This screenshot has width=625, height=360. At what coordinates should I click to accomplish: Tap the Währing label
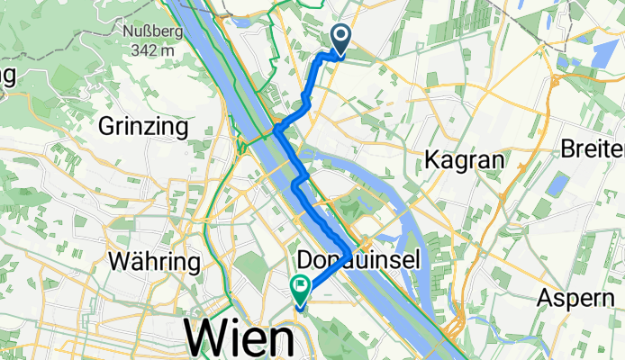(153, 262)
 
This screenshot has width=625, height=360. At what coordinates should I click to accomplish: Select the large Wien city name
(240, 339)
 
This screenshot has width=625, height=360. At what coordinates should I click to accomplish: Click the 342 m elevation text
(151, 50)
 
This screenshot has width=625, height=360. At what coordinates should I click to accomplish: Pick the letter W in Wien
(204, 339)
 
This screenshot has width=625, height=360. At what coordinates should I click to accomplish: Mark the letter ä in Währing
(132, 262)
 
